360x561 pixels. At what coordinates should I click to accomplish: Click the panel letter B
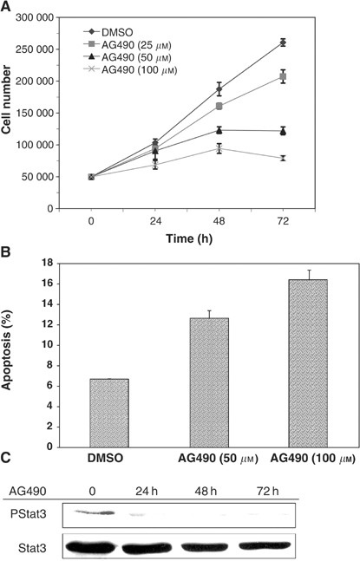7,257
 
